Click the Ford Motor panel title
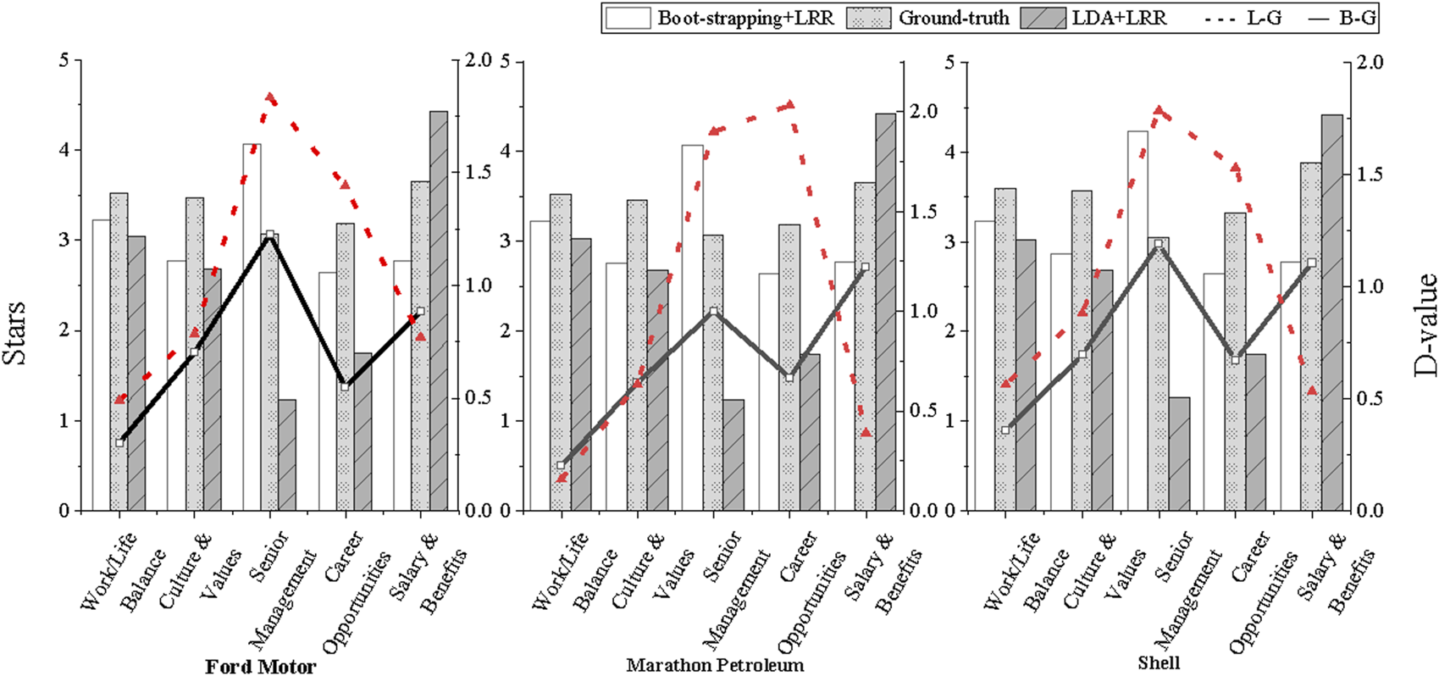pos(260,667)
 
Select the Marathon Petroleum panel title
pos(715,665)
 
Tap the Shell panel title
pos(1159,663)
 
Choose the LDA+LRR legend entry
pos(1095,18)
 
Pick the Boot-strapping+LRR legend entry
pos(721,18)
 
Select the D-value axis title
pos(1425,324)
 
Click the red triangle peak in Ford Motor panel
pos(271,98)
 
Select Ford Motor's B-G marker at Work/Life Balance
pos(120,442)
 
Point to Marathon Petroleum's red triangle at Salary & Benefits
pos(866,433)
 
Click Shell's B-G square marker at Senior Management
pos(1159,244)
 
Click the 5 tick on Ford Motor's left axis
pos(65,60)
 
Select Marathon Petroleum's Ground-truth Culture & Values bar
pos(637,355)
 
